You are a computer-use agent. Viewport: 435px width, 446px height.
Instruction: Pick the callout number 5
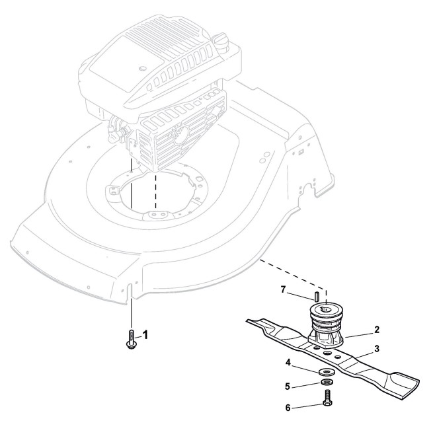point(288,385)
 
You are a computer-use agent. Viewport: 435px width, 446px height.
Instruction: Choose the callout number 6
point(288,408)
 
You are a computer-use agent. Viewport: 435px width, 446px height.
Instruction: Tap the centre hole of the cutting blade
point(325,351)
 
